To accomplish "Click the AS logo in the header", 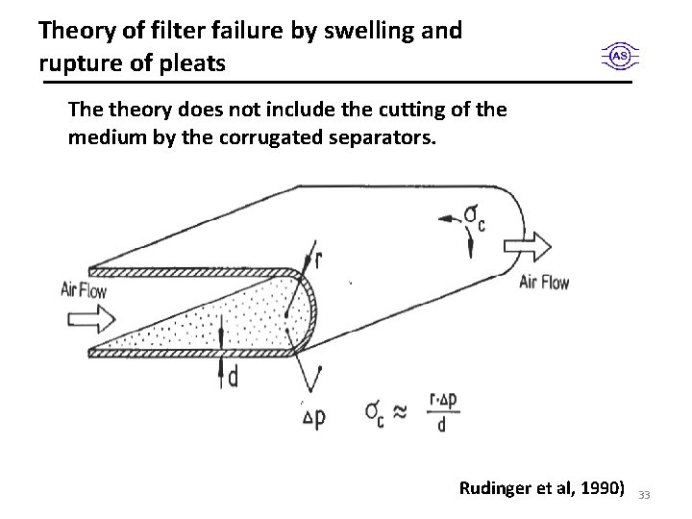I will (x=620, y=57).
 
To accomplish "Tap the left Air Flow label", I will (x=83, y=290).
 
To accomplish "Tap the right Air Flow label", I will (x=544, y=282).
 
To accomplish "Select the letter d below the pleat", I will (x=234, y=378).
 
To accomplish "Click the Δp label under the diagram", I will (x=314, y=416).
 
